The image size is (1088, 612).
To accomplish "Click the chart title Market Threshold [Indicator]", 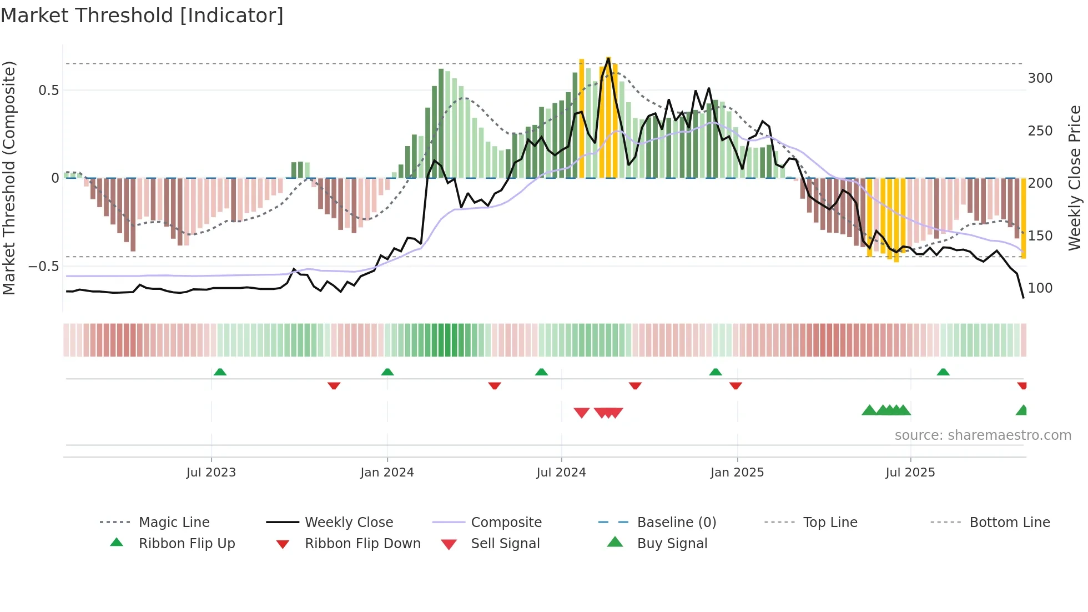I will tap(142, 16).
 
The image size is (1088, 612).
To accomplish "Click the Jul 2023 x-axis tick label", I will tap(211, 473).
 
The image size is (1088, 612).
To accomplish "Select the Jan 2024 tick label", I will tap(387, 473).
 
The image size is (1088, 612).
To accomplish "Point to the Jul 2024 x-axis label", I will tap(561, 473).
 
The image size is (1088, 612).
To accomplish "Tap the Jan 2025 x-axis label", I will tap(737, 473).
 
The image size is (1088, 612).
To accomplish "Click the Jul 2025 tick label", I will tap(910, 473).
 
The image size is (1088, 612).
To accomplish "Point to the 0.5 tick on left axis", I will tap(48, 91).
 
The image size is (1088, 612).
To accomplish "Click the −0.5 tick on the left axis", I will tap(43, 267).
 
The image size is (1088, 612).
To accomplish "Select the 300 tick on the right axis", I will tap(1040, 78).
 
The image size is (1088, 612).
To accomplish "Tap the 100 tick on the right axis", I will tap(1040, 288).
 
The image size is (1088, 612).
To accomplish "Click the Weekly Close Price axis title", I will tap(1075, 178).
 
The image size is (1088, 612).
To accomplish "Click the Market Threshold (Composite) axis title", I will tap(9, 178).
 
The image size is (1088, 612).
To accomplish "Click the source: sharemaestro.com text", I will tap(983, 435).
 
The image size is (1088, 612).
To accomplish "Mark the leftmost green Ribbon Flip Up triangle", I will tap(220, 372).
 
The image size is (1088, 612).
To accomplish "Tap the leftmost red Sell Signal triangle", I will tap(581, 413).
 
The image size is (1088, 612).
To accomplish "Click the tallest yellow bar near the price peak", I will tap(608, 117).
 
